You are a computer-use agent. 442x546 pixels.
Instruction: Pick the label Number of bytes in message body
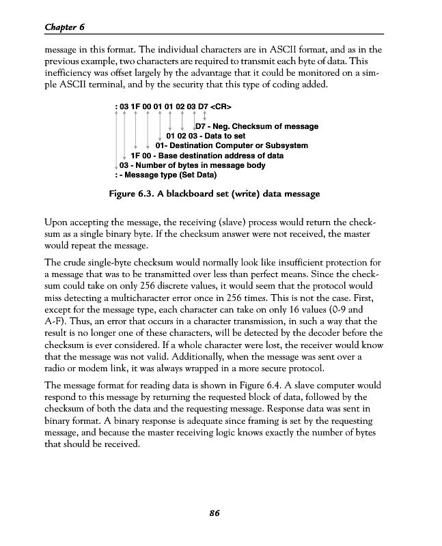coord(187,165)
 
